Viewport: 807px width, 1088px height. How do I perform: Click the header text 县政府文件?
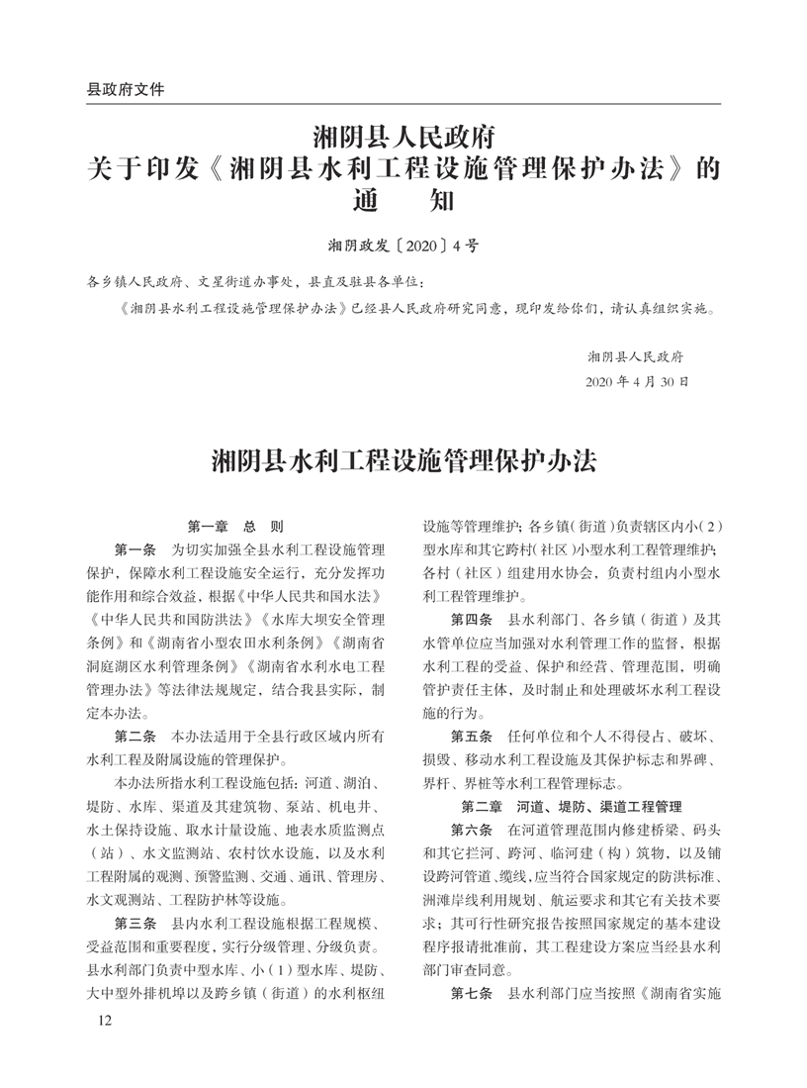click(x=126, y=89)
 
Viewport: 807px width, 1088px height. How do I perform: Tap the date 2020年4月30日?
click(x=637, y=381)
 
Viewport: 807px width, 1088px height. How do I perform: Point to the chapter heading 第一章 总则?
click(x=235, y=527)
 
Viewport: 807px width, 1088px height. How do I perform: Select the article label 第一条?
click(x=135, y=549)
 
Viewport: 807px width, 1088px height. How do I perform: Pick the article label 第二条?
click(x=135, y=738)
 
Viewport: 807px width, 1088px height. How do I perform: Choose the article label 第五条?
click(x=472, y=737)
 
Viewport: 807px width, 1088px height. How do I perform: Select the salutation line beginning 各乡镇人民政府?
click(x=258, y=282)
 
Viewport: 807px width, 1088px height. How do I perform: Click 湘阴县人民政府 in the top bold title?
click(x=403, y=134)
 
